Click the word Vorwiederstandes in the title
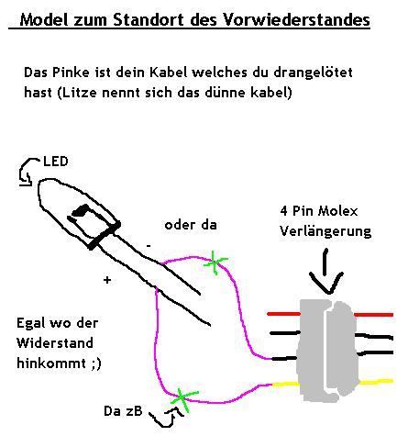297,20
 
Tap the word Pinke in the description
71,73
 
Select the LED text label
56,162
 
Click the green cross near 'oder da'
215,263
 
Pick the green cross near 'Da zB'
183,398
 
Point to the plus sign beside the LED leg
107,280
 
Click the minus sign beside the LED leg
149,246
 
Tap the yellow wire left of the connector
285,384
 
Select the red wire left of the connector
284,314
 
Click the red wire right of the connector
373,314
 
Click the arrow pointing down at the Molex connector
325,272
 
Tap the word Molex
337,211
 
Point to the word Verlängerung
325,231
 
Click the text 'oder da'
191,225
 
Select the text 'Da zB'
123,411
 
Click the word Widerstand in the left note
55,343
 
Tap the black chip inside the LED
80,211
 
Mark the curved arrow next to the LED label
28,172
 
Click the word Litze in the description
78,93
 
